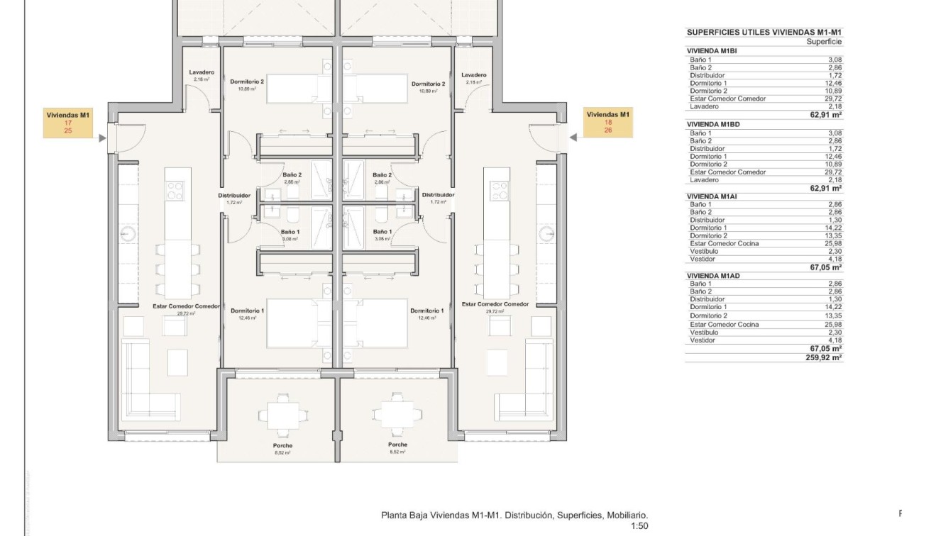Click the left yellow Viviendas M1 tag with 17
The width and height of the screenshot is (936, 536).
pos(68,123)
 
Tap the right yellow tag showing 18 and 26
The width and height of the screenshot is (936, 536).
pos(608,123)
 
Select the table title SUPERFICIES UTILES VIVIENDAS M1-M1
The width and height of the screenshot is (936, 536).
pos(764,33)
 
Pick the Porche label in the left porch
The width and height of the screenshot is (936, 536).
pos(282,446)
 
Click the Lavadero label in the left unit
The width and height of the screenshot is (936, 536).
pos(202,72)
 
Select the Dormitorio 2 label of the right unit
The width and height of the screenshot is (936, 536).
pos(428,84)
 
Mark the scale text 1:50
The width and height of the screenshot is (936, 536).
pos(639,527)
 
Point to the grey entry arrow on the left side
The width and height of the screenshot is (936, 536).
pos(103,139)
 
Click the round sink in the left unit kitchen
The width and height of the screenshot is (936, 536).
pos(128,233)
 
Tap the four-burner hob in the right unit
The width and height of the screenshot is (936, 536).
pos(499,190)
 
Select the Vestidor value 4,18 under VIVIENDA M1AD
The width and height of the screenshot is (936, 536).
pos(835,340)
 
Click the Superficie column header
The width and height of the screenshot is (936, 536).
pos(825,42)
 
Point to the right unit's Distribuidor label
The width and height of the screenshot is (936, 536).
pos(438,195)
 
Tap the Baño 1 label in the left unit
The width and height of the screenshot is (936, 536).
pos(290,232)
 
